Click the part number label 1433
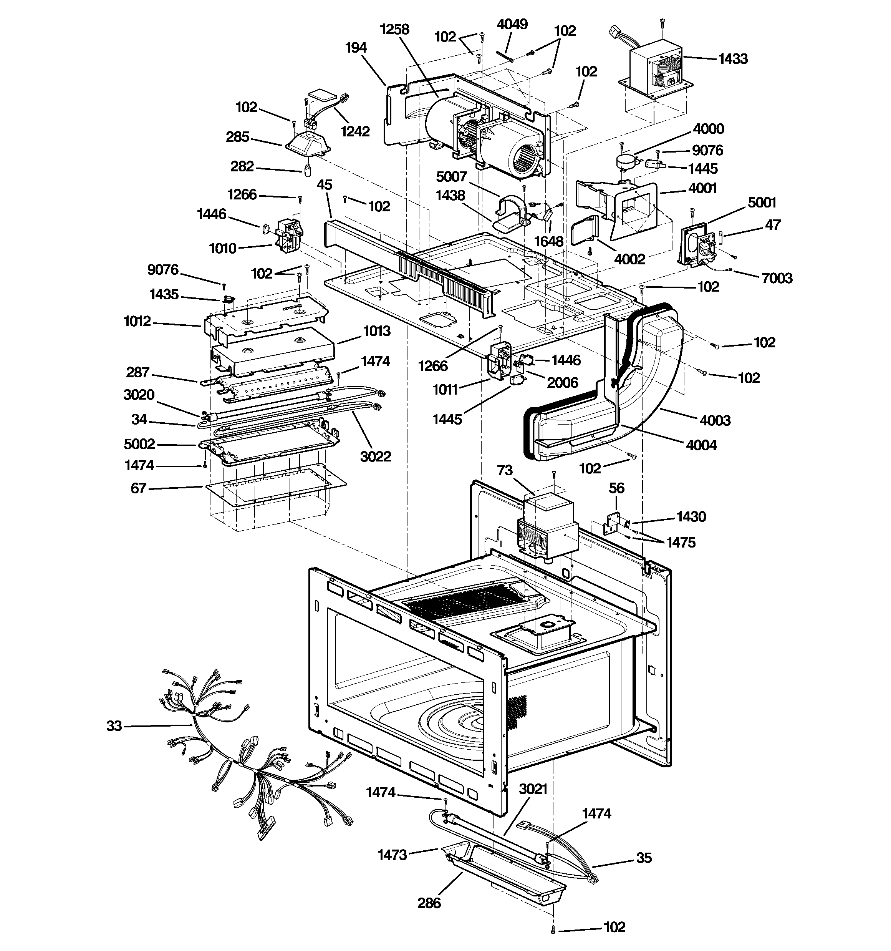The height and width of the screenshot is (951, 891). (x=733, y=59)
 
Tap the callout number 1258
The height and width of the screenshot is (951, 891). (x=394, y=30)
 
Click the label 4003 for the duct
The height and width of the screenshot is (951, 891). (x=715, y=420)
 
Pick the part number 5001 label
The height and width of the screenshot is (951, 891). (x=762, y=202)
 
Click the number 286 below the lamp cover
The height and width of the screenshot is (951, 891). (x=429, y=903)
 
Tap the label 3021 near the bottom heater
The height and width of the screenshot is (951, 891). (x=533, y=789)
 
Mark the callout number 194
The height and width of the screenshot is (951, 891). (x=356, y=47)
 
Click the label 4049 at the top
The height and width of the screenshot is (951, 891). (x=512, y=24)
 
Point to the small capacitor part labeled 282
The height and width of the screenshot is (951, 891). (x=308, y=170)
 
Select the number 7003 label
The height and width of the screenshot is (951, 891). (x=777, y=278)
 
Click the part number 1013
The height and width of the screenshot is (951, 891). (x=377, y=331)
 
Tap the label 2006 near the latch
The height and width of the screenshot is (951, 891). (x=562, y=382)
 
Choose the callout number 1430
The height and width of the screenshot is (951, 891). (x=691, y=517)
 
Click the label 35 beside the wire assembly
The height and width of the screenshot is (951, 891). (x=644, y=858)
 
